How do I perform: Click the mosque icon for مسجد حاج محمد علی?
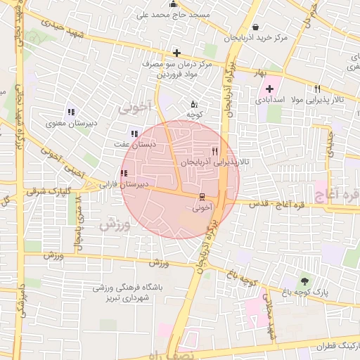click(174, 4)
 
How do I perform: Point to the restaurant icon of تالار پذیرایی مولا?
click(318, 89)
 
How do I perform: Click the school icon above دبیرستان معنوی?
click(70, 112)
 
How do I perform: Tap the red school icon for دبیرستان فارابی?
click(124, 174)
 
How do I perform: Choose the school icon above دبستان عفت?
click(134, 134)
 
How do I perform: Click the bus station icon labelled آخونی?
click(202, 196)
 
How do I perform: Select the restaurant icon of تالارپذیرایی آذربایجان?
click(214, 151)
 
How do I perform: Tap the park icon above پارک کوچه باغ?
click(304, 281)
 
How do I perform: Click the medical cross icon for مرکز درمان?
click(176, 53)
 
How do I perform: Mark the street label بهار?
click(261, 72)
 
